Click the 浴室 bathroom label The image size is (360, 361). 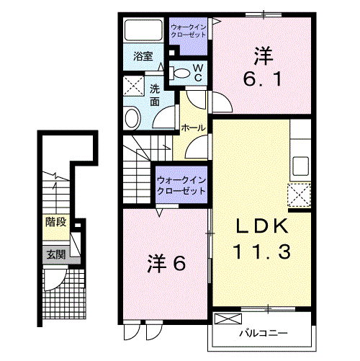[143, 56]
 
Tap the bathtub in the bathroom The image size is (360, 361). [143, 30]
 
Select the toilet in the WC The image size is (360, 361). [179, 73]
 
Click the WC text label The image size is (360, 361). [198, 73]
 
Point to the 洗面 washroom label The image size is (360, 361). [155, 96]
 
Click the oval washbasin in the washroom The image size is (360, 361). [132, 117]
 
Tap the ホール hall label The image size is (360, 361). [193, 128]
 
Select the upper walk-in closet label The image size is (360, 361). [189, 31]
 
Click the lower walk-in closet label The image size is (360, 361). [181, 185]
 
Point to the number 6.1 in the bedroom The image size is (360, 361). [262, 79]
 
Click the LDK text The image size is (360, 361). [262, 226]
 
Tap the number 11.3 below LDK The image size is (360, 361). [262, 251]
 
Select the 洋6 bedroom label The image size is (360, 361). [166, 264]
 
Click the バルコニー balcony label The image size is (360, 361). [264, 334]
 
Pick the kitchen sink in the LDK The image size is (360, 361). [300, 166]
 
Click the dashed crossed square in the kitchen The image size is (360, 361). [299, 195]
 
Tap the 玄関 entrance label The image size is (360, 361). [56, 254]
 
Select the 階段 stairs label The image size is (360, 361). [56, 222]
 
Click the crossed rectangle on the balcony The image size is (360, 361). [228, 319]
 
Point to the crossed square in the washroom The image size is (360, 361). [133, 86]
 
